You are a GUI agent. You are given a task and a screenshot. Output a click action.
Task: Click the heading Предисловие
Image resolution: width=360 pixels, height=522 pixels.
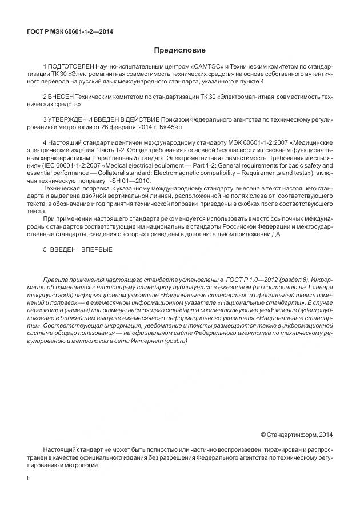pos(179,50)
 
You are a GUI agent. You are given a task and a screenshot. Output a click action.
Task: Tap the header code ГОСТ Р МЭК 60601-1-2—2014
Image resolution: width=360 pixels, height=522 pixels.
pos(70,31)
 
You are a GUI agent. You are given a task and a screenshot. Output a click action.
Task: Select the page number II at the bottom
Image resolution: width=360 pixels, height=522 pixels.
pos(29,476)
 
